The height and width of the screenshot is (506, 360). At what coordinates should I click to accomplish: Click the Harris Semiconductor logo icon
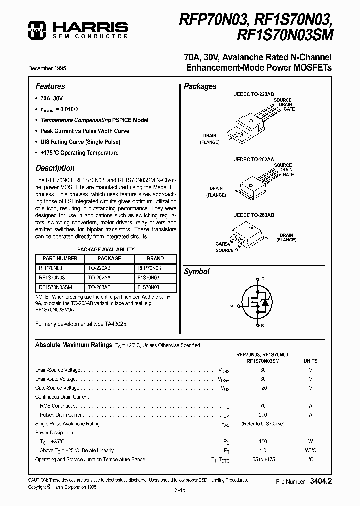tap(36, 30)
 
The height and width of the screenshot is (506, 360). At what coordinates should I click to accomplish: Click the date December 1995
tap(50, 69)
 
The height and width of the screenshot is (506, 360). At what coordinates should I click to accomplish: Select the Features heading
tap(50, 86)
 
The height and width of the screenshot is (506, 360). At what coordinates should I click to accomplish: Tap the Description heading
tap(55, 168)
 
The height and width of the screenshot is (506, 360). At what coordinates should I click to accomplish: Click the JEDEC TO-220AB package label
tap(254, 94)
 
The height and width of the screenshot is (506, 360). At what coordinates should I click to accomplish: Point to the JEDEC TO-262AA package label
tap(254, 159)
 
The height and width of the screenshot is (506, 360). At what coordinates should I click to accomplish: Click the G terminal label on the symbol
tap(232, 304)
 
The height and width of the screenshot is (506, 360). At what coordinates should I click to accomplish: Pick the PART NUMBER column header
tap(60, 259)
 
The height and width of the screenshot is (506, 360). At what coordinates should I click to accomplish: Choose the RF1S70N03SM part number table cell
tap(55, 288)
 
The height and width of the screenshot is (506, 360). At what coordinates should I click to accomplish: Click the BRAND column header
tap(155, 259)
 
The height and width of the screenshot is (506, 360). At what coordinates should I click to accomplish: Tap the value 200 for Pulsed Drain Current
tap(263, 415)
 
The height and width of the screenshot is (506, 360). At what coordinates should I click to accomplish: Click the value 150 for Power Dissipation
tap(263, 442)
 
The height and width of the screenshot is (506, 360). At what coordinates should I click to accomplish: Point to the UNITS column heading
tap(310, 360)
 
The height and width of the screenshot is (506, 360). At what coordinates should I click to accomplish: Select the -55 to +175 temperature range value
tap(263, 459)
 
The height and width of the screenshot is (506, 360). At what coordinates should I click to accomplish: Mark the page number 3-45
tap(180, 490)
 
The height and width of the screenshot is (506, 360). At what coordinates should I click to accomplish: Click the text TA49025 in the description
tap(116, 324)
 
